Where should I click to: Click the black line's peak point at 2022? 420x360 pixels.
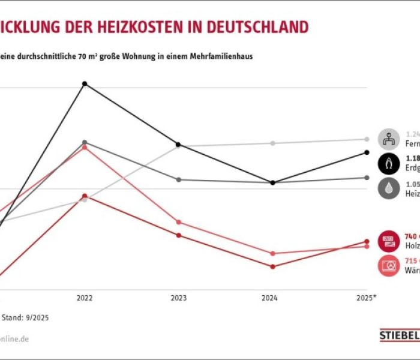pyautogui.click(x=85, y=83)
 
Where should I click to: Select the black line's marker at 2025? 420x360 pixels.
pyautogui.click(x=367, y=152)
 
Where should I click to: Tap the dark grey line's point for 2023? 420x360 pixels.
pyautogui.click(x=178, y=179)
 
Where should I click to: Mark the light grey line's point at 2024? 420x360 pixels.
pyautogui.click(x=272, y=143)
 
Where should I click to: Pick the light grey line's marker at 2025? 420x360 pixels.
pyautogui.click(x=367, y=139)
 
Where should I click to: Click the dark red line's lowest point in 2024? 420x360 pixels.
pyautogui.click(x=272, y=266)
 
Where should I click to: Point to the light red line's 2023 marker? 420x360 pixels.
pyautogui.click(x=178, y=222)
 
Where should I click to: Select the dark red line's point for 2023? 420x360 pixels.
pyautogui.click(x=178, y=235)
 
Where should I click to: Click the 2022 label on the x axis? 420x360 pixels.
pyautogui.click(x=85, y=298)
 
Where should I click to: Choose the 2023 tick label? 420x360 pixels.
pyautogui.click(x=178, y=298)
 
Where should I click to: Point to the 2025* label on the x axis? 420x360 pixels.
pyautogui.click(x=367, y=298)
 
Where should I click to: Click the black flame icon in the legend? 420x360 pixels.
pyautogui.click(x=389, y=163)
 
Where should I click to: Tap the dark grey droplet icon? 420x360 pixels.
pyautogui.click(x=389, y=188)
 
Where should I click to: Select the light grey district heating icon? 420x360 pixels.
pyautogui.click(x=389, y=139)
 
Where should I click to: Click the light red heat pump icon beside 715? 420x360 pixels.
pyautogui.click(x=389, y=265)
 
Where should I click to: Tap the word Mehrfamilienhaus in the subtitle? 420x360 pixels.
pyautogui.click(x=223, y=56)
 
